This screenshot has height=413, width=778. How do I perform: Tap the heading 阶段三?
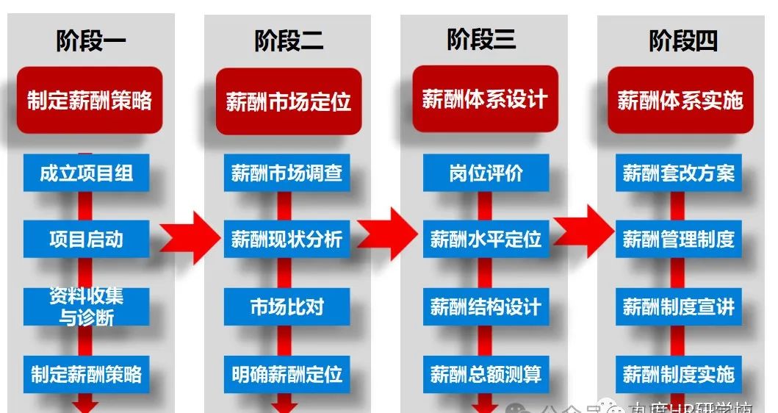click(x=481, y=39)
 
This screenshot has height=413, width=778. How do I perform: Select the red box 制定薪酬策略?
click(x=90, y=100)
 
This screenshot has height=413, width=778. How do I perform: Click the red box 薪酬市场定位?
click(x=288, y=101)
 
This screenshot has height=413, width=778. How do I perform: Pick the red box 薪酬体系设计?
click(x=485, y=98)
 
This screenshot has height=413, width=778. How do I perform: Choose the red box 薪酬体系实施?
click(x=680, y=100)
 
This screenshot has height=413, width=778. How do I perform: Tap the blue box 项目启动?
click(x=87, y=239)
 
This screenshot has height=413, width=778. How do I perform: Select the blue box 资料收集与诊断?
click(x=87, y=306)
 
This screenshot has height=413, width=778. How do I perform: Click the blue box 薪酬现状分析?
click(x=287, y=239)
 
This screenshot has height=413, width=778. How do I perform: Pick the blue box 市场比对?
click(x=287, y=306)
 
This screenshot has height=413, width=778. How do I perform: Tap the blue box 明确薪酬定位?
click(x=287, y=374)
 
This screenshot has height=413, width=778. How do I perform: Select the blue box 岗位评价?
click(x=486, y=173)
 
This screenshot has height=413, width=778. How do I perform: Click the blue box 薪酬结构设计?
click(x=486, y=306)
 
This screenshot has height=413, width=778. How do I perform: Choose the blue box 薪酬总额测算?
click(x=486, y=374)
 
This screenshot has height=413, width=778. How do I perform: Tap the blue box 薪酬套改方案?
click(x=679, y=173)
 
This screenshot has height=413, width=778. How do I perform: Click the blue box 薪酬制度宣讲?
click(x=679, y=306)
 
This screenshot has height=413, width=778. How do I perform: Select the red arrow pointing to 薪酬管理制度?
click(x=584, y=231)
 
